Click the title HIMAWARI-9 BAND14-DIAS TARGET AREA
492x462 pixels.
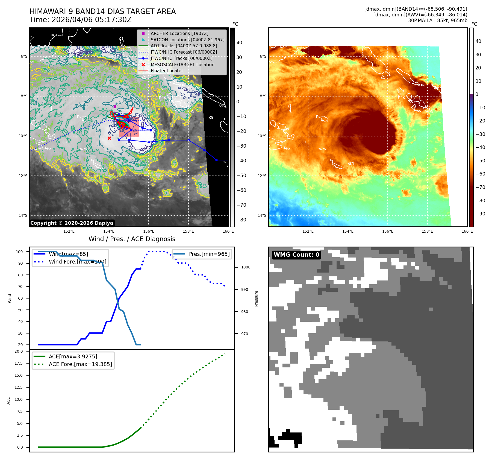pyautogui.click(x=102, y=11)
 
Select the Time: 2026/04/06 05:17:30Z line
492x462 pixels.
pyautogui.click(x=81, y=20)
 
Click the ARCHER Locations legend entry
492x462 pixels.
pyautogui.click(x=179, y=33)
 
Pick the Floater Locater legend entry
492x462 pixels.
pyautogui.click(x=167, y=71)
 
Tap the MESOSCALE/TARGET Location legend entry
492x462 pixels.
pyautogui.click(x=182, y=65)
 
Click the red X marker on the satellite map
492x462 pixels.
pyautogui.click(x=109, y=138)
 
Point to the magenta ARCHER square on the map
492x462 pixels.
pyautogui.click(x=115, y=107)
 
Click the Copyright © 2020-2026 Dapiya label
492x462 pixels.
pyautogui.click(x=72, y=223)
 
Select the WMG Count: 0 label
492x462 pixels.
pyautogui.click(x=296, y=255)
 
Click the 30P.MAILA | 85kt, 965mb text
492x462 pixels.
pyautogui.click(x=437, y=21)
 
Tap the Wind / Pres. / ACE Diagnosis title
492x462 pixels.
pyautogui.click(x=132, y=239)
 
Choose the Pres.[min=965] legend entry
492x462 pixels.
pyautogui.click(x=209, y=254)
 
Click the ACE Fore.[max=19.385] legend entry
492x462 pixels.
pyautogui.click(x=80, y=364)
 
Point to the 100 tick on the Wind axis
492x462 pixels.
pyautogui.click(x=19, y=252)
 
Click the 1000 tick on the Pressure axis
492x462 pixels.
pyautogui.click(x=246, y=267)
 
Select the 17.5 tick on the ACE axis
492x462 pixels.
pyautogui.click(x=19, y=363)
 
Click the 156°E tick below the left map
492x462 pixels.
pyautogui.click(x=149, y=231)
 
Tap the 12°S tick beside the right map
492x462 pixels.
pyautogui.click(x=262, y=176)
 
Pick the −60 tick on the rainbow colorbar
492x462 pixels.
pyautogui.click(x=480, y=174)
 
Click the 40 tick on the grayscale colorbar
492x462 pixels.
pyautogui.click(x=239, y=43)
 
